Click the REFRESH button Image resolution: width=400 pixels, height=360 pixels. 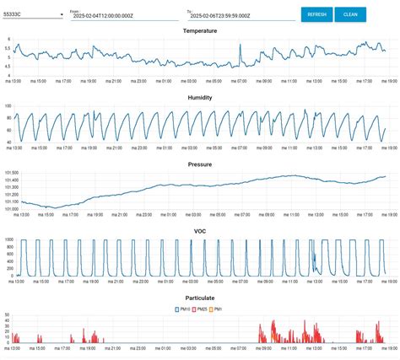[316, 14]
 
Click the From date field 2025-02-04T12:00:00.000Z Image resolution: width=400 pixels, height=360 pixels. [122, 15]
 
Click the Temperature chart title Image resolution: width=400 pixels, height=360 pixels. [200, 30]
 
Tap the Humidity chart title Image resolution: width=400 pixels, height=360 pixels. [200, 97]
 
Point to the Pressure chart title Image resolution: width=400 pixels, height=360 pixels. [200, 164]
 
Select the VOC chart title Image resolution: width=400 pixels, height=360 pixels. [200, 231]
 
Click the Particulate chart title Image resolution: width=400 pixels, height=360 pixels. [200, 298]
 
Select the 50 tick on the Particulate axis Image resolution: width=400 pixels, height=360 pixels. [8, 314]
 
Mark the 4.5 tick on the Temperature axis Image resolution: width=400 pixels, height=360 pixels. [8, 65]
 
